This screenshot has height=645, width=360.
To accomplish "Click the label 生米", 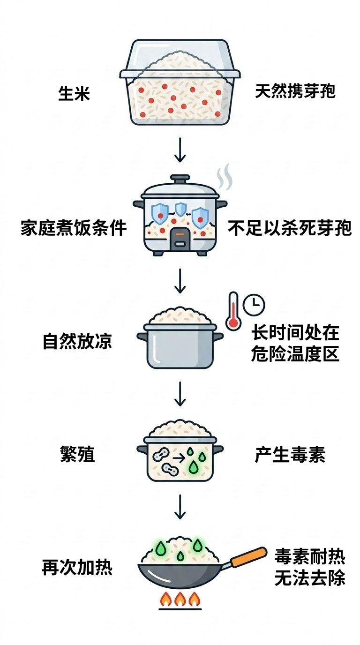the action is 74,93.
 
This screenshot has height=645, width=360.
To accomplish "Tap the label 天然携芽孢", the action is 295,91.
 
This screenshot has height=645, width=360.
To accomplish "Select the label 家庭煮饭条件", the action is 74,228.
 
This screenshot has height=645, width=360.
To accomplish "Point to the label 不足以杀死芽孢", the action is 289,228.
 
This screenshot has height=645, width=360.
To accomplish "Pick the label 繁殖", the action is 77,454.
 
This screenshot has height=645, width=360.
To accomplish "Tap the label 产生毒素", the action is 290,454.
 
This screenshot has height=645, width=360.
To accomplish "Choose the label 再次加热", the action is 77,567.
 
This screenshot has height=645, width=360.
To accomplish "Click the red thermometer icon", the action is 233,311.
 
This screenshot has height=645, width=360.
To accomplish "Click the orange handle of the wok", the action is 249,557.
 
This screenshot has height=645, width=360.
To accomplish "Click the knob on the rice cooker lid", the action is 180,178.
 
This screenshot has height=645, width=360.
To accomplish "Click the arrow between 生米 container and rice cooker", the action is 180,150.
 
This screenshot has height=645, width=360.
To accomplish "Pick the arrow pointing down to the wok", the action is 180,507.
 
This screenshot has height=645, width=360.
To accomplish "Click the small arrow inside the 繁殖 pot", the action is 179,458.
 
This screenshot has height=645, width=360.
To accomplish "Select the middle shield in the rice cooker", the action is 180,209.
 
